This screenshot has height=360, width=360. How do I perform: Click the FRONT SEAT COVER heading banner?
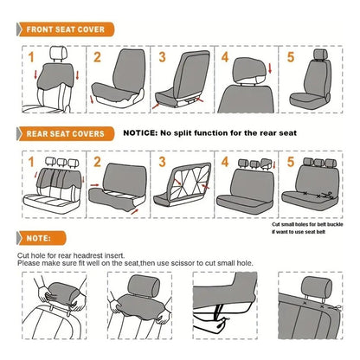click(64, 30)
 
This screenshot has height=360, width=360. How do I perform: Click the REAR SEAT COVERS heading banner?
click(65, 134)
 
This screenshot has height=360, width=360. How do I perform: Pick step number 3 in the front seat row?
click(162, 58)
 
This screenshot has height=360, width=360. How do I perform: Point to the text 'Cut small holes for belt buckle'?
click(307, 223)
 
